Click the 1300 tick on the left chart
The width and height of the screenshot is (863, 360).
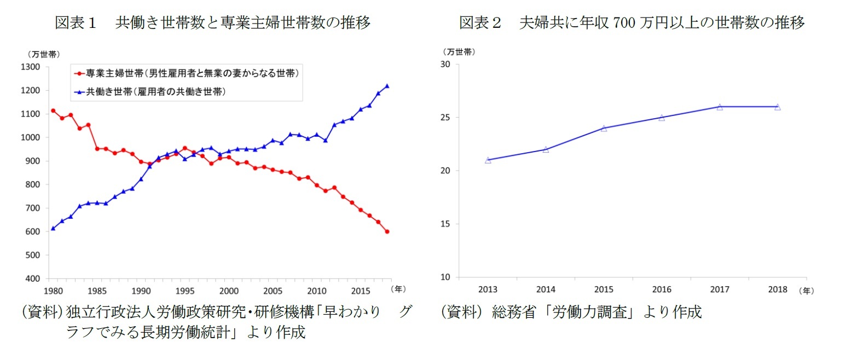(x=31, y=67)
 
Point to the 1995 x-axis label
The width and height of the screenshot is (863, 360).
(x=185, y=291)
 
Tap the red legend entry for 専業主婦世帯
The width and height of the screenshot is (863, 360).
(x=186, y=73)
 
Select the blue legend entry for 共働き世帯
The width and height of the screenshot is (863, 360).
(x=150, y=92)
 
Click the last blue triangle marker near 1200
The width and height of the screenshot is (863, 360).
(x=387, y=86)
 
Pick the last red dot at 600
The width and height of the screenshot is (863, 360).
(x=387, y=231)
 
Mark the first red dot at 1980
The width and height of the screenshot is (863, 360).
(x=53, y=111)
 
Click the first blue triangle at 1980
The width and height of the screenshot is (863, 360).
(x=53, y=228)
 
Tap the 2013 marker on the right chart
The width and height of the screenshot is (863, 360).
(x=488, y=160)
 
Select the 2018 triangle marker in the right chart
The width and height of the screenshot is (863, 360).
(x=777, y=107)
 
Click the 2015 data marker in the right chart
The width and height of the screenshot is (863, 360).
(x=604, y=129)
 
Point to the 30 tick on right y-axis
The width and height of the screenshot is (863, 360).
(x=445, y=64)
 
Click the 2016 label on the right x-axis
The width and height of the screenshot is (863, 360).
(x=662, y=289)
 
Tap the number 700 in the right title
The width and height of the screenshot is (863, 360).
(x=624, y=22)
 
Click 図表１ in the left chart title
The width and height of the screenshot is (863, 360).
(x=76, y=22)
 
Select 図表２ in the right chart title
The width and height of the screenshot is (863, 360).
(x=480, y=22)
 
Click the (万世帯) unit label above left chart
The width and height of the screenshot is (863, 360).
(x=44, y=54)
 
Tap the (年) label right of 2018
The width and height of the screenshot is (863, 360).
(x=807, y=291)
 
